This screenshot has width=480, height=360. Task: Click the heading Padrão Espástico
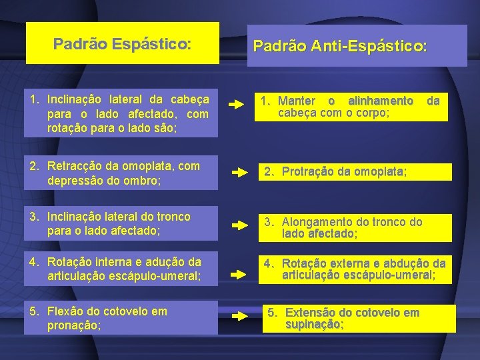[x=122, y=44]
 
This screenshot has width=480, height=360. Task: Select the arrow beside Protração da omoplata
[x=239, y=172]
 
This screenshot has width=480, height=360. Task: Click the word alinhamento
[x=381, y=101]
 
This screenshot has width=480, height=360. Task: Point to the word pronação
[x=73, y=325]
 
